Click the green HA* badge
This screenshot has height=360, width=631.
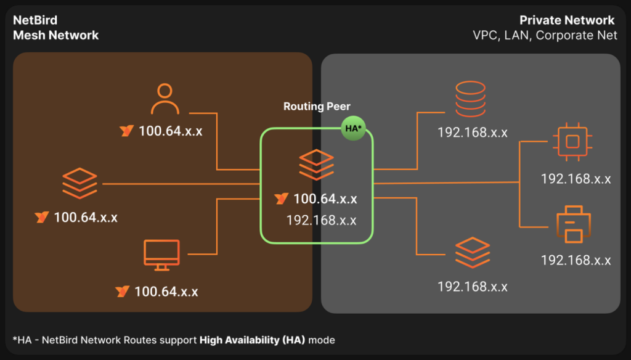click(x=353, y=128)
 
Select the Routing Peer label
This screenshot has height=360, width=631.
click(x=317, y=106)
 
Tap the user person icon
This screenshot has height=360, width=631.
click(x=165, y=99)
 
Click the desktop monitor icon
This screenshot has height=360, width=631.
click(x=162, y=255)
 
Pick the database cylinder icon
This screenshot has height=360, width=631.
click(x=470, y=99)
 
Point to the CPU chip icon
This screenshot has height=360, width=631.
click(x=572, y=142)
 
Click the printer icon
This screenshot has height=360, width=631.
click(x=574, y=224)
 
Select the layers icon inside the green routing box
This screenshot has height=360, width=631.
click(x=317, y=165)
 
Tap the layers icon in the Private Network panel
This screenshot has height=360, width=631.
click(x=473, y=253)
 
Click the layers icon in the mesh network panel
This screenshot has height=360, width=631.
click(x=79, y=183)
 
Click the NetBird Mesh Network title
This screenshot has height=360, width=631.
click(x=55, y=28)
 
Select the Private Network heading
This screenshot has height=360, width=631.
click(x=567, y=20)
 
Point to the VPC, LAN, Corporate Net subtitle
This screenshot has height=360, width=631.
click(x=545, y=35)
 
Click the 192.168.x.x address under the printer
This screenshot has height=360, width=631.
click(x=576, y=260)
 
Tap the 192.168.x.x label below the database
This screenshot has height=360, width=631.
click(x=473, y=133)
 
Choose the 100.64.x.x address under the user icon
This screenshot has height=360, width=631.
click(x=171, y=131)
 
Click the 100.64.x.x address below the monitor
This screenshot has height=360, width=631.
click(x=166, y=292)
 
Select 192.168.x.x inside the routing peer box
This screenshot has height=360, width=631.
click(x=321, y=220)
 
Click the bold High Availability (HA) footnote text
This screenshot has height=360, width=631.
click(x=252, y=340)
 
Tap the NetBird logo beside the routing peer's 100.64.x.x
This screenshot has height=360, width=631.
click(x=281, y=198)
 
